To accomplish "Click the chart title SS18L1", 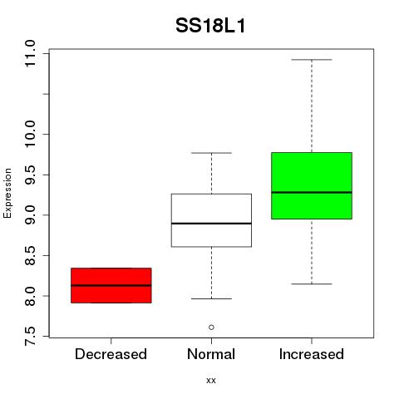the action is click(210, 26).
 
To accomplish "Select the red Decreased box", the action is click(111, 285).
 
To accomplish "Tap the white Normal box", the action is click(211, 220).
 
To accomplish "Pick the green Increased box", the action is click(312, 185).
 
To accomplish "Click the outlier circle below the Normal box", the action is click(211, 328).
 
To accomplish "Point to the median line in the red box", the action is click(111, 285).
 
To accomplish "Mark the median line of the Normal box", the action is click(211, 224).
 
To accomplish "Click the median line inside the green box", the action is click(312, 192).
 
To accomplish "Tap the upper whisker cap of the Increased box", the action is click(312, 60).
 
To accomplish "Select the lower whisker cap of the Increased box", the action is click(312, 284).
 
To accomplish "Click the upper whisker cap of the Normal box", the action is click(211, 153).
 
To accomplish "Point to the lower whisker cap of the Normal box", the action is click(211, 298).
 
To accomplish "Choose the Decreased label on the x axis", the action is click(111, 354).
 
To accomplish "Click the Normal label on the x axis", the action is click(211, 354).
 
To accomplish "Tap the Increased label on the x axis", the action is click(312, 354).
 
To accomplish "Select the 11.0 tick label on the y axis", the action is click(30, 53).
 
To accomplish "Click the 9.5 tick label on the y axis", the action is click(30, 175).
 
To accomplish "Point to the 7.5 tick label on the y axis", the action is click(30, 337).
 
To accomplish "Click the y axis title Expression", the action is click(7, 193).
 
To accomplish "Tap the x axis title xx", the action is click(211, 381).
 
